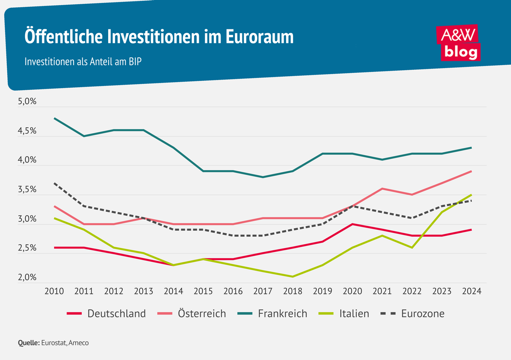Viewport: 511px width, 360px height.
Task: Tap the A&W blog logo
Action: (x=459, y=42)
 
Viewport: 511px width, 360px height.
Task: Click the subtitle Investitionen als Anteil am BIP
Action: (x=83, y=61)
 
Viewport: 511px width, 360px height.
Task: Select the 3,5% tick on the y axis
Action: (x=27, y=190)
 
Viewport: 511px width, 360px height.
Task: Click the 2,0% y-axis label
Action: (x=27, y=278)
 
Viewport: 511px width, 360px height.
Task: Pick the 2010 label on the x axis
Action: (x=54, y=291)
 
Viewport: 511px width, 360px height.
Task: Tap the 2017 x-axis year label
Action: (x=263, y=291)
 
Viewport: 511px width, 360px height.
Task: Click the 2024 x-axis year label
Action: (x=471, y=291)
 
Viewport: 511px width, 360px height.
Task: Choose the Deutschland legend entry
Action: (x=106, y=314)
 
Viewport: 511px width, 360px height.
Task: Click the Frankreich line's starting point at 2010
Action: (x=55, y=118)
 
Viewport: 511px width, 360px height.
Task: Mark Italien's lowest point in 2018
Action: (x=293, y=277)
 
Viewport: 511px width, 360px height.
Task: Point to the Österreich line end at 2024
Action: (x=471, y=171)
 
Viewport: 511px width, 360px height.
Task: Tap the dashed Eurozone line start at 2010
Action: (x=55, y=183)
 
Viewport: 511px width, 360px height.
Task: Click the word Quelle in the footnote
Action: (x=29, y=343)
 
